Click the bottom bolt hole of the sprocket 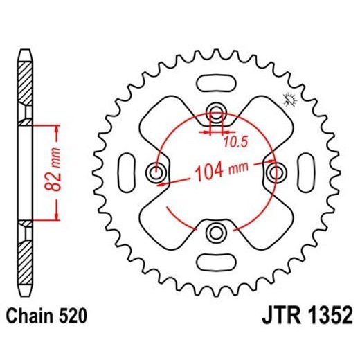tap(216, 231)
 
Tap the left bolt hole tap(156, 170)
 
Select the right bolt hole tap(276, 170)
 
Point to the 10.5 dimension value tap(234, 143)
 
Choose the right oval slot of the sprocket tap(306, 170)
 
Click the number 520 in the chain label tap(71, 316)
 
